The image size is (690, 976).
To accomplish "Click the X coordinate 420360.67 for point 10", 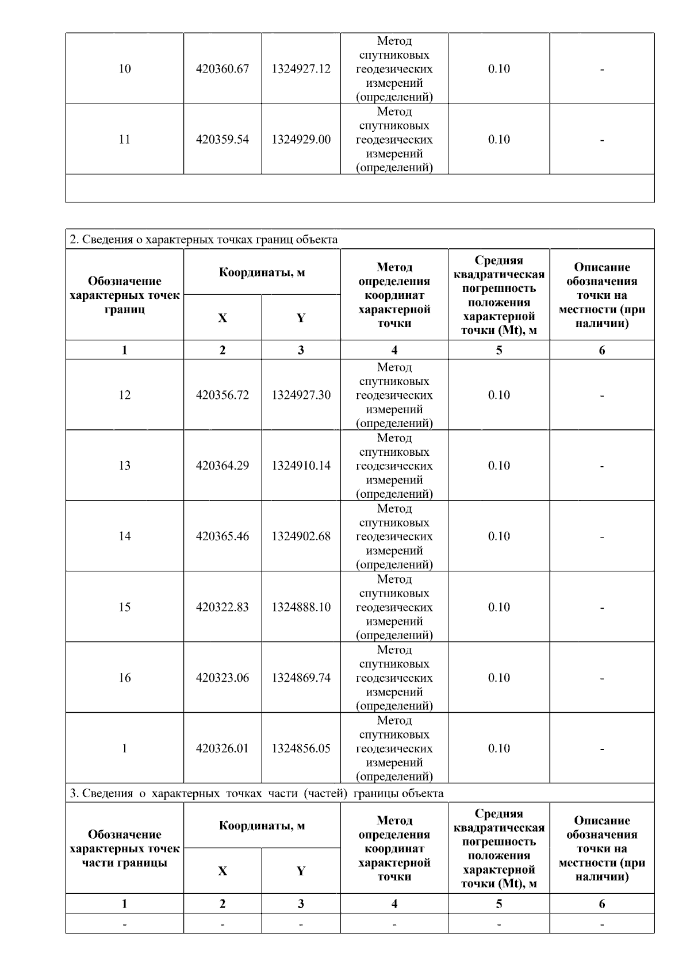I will coord(223,69).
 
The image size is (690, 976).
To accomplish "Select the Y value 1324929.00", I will coord(301,140).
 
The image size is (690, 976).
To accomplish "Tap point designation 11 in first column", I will coord(125,140).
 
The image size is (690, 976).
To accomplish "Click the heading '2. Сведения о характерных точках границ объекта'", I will coord(204,239).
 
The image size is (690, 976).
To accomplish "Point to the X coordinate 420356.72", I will coord(223,395).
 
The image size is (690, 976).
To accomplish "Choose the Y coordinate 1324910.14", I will coord(301,466).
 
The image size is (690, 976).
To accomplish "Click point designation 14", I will coord(125,536).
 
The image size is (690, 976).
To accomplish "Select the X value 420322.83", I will coord(223,607).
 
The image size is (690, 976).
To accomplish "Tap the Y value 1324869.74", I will coord(301,678).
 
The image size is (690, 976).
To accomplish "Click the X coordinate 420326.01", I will coord(223,748).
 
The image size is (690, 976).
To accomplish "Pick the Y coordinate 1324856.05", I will coord(301,748).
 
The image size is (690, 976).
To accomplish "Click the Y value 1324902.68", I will coord(301,536).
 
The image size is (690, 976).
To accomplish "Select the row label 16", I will coord(125,678).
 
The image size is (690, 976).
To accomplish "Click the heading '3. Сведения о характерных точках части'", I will coord(256,793).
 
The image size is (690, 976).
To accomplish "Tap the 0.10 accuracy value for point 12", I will coord(499,395).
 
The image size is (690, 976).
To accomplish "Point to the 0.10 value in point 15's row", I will coord(499,607).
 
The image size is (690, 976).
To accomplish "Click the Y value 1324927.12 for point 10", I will coord(301,69).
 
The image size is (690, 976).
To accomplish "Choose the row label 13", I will coord(125,466).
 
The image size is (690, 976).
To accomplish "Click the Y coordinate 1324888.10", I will coord(301,607).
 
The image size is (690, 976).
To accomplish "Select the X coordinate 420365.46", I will coord(223,536).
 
